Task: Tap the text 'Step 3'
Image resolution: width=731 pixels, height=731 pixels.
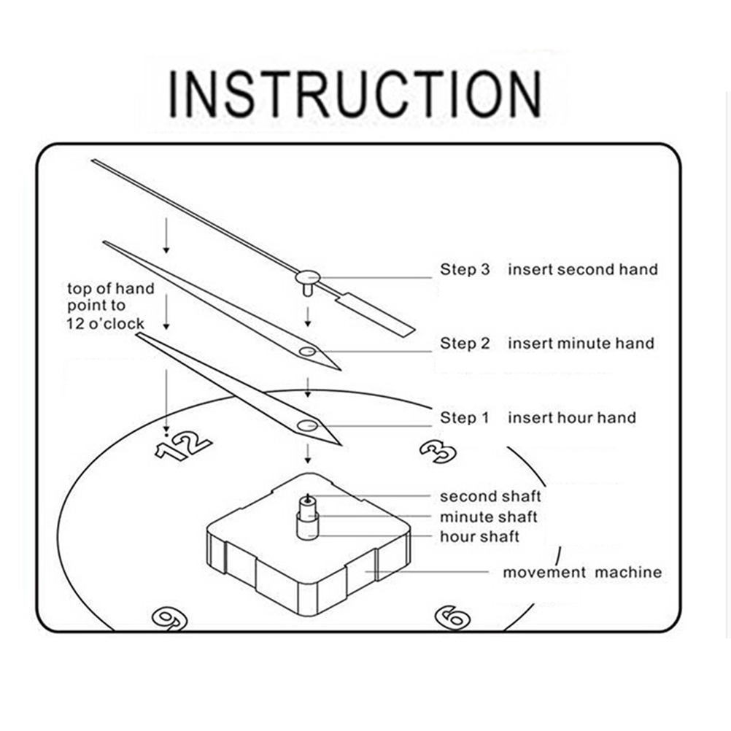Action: coord(464,269)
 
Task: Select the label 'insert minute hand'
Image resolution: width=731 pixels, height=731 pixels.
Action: coord(581,343)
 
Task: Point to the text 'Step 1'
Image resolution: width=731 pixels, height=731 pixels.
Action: coord(464,418)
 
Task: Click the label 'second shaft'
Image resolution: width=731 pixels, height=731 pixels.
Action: coord(490,497)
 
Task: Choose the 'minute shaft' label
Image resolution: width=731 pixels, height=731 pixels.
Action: coord(487,517)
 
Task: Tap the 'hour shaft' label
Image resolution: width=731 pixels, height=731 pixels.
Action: coord(479,537)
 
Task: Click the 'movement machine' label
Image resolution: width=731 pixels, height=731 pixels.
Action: coord(582,572)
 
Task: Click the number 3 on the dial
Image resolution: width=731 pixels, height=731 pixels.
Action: coord(438,451)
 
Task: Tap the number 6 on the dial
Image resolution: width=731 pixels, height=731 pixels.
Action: coord(453,616)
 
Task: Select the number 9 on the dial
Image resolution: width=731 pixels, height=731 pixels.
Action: coord(169,618)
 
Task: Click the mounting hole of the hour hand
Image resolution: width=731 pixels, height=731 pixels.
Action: coord(306,425)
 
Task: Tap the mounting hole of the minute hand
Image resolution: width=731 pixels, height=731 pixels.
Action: coord(307,352)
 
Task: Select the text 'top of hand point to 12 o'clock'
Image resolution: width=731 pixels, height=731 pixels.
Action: coord(111,306)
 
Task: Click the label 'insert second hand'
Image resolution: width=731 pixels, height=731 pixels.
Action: coord(582,269)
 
